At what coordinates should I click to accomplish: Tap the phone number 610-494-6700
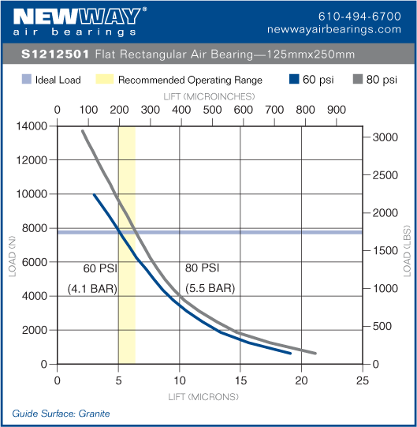(359, 16)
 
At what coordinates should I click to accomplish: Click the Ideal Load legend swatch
(26, 80)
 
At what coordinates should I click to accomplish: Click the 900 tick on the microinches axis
(335, 110)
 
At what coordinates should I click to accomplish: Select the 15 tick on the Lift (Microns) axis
(240, 380)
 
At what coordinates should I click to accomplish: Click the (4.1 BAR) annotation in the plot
(92, 288)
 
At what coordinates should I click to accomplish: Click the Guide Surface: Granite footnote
(61, 414)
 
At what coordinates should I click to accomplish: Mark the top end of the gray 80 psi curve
(82, 131)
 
